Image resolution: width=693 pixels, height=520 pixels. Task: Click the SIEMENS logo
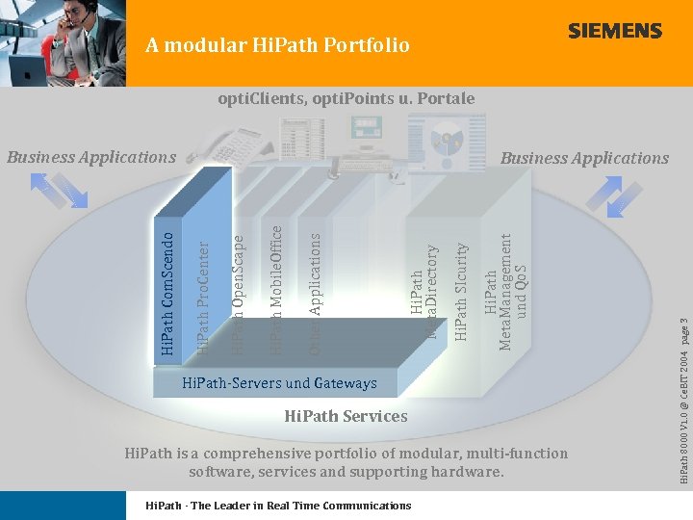coord(615,31)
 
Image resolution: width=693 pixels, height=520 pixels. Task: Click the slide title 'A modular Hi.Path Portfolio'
coord(278,45)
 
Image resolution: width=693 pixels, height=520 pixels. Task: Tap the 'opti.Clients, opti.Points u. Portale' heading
coord(346,98)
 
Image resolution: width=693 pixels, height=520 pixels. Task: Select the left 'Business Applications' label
coord(91,157)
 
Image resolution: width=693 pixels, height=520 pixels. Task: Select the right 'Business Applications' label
coord(585,158)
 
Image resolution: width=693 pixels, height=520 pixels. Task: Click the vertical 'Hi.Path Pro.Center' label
coord(203,296)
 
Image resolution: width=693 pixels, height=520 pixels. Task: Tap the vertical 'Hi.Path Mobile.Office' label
coord(276,289)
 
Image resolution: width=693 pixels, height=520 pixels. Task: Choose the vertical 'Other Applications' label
coord(315,288)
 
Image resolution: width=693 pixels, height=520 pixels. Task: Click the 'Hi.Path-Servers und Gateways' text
coord(279,383)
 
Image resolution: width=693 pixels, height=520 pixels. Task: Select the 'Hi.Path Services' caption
coord(346,416)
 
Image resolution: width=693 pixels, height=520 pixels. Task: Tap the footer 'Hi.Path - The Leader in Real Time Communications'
coord(277,506)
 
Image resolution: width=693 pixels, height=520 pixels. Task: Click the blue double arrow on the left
coord(59,189)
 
